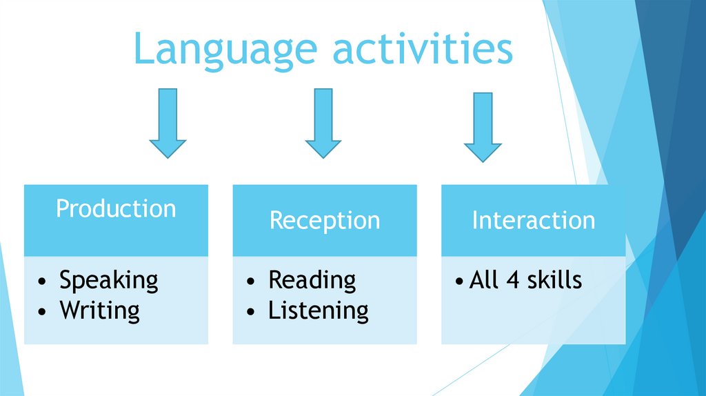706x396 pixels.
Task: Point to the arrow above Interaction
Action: [483, 126]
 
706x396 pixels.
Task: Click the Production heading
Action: [116, 208]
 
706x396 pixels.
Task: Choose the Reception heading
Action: [324, 221]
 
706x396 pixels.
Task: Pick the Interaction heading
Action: [533, 220]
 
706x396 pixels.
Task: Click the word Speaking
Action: [108, 281]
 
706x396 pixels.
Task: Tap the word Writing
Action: [99, 310]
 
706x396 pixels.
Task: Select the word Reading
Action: [312, 280]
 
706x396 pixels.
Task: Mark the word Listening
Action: [318, 310]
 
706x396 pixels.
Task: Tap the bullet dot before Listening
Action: [252, 312]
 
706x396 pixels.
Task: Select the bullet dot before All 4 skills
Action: [460, 282]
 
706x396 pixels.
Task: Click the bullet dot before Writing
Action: [43, 312]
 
